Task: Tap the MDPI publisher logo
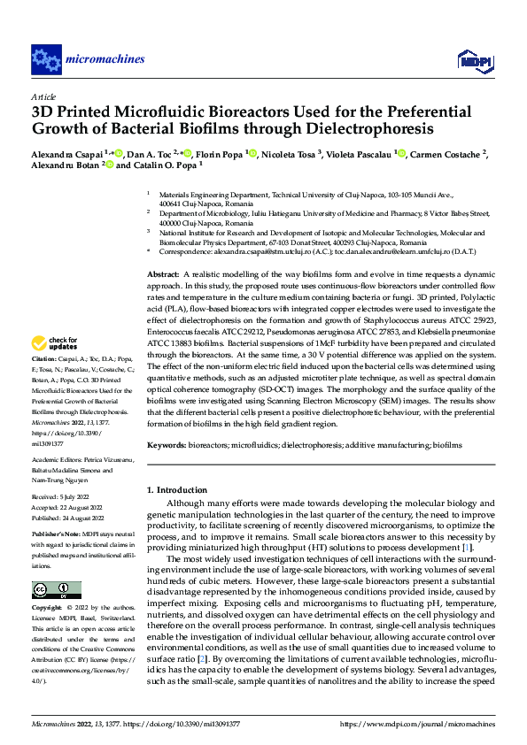(x=472, y=60)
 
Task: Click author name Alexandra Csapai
(x=64, y=154)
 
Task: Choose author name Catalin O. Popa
(x=168, y=165)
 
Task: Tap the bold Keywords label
(x=167, y=446)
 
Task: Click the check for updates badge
(x=55, y=342)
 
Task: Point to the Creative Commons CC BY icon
(x=57, y=565)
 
